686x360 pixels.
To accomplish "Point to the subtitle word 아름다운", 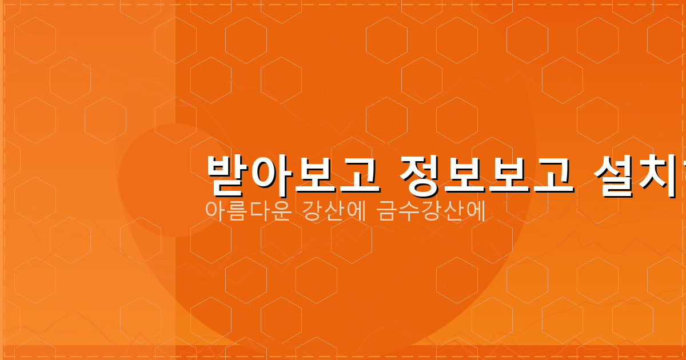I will click(249, 211).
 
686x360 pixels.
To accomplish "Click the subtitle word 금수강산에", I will click(431, 211).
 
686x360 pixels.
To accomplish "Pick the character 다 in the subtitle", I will click(260, 211).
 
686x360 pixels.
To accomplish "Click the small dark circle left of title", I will click(174, 180).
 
